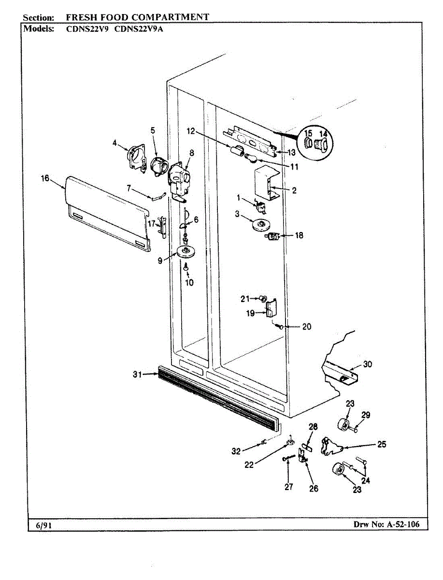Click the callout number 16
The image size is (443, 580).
pos(44,178)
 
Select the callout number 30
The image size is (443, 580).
pos(368,364)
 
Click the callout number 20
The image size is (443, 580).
pos(307,327)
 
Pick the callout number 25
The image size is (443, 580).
pos(381,444)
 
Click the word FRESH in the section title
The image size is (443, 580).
pos(82,17)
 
